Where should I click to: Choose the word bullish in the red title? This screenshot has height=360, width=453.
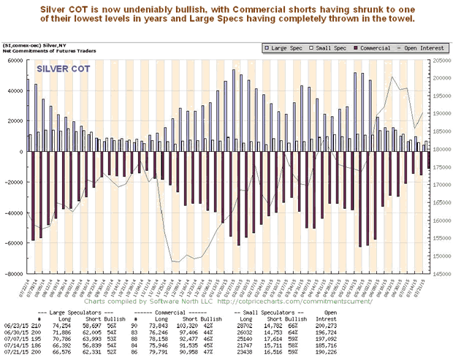[189, 7]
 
